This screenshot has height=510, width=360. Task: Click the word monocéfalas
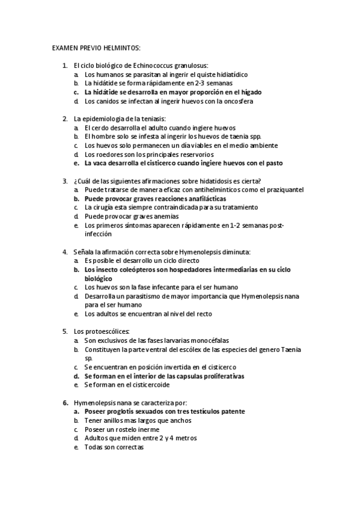tap(207, 340)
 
